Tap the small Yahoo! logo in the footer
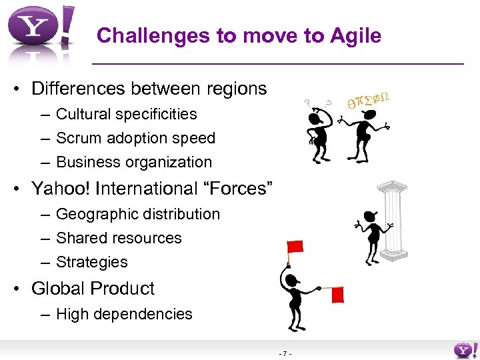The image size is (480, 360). (464, 350)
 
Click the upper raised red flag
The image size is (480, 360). (295, 247)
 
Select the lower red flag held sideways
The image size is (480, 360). (337, 294)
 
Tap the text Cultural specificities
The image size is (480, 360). (126, 114)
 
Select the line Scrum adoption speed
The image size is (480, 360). (135, 138)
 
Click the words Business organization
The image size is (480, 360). (133, 162)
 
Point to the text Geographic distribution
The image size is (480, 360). (137, 214)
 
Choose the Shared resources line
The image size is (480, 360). (119, 238)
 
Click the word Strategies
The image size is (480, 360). (91, 262)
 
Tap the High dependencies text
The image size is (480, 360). (124, 314)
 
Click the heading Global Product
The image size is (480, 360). (93, 289)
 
